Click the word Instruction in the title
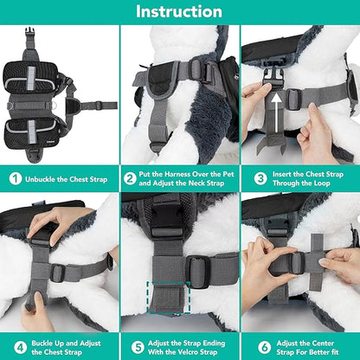pos(179,12)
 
